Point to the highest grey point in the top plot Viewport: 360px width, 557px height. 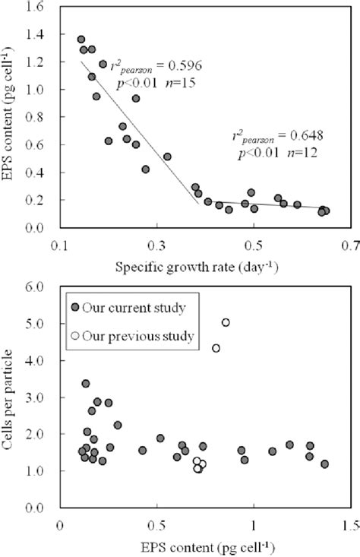click(81, 40)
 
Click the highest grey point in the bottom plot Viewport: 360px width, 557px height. click(86, 384)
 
